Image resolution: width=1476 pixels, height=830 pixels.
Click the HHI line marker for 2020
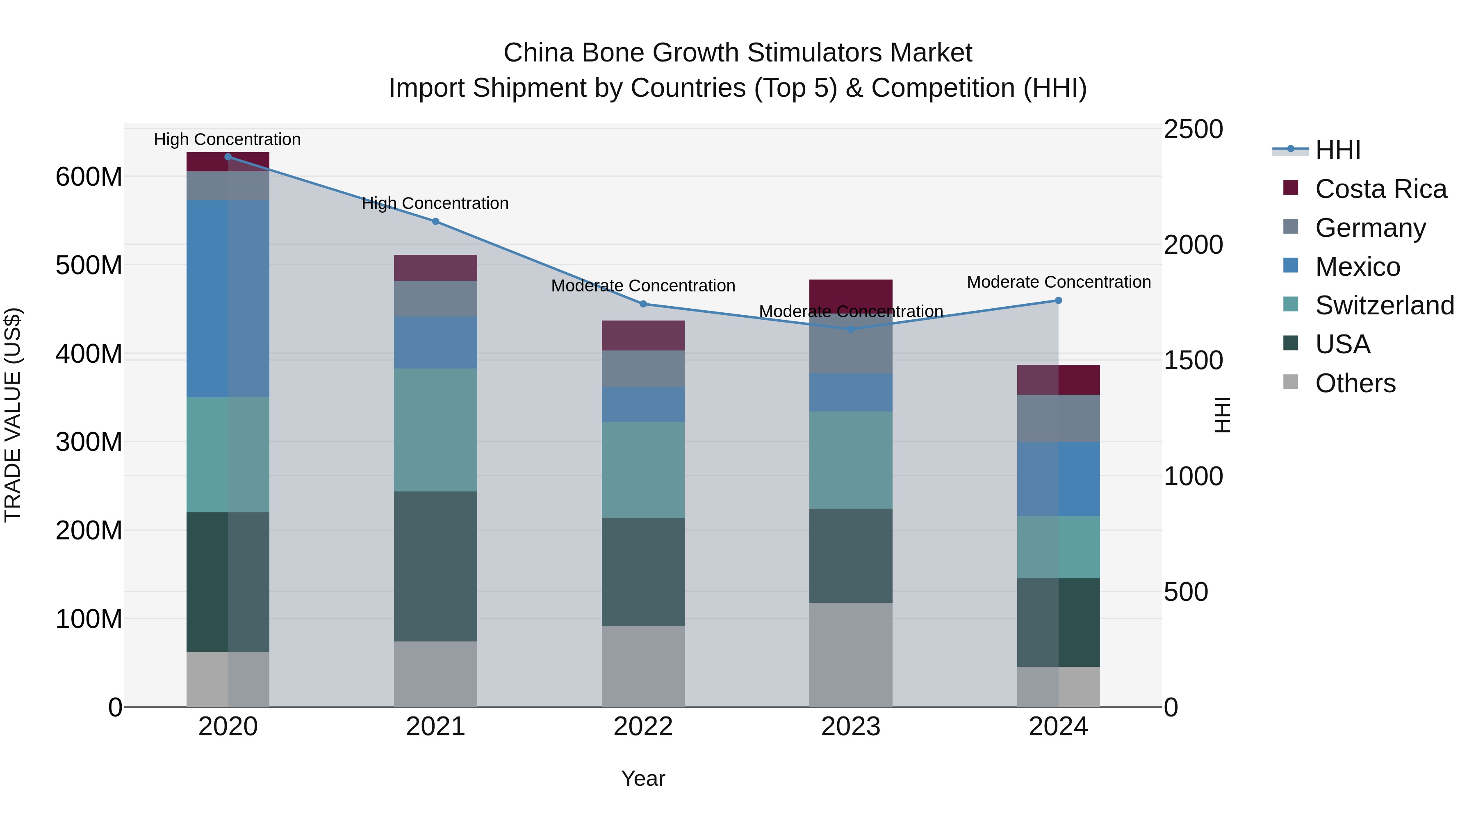[x=228, y=157]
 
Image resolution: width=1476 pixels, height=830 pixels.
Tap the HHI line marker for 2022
[x=643, y=304]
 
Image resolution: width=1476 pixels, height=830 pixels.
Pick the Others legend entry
[x=1355, y=383]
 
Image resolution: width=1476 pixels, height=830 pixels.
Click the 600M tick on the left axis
[x=89, y=177]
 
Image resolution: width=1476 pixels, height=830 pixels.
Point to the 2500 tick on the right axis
[x=1193, y=130]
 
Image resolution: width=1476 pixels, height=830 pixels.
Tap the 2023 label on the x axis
[x=850, y=727]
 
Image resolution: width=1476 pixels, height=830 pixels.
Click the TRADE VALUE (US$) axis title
[x=13, y=415]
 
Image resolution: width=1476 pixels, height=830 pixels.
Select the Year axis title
[x=643, y=778]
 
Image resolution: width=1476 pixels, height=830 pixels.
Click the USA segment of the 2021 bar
[x=435, y=566]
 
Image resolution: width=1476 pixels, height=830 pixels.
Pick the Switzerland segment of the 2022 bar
[x=643, y=470]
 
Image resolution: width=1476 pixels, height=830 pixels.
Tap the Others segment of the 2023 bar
[x=850, y=655]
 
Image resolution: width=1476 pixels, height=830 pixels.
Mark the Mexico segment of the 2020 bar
[x=228, y=298]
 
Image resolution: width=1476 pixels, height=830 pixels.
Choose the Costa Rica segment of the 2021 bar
[x=435, y=268]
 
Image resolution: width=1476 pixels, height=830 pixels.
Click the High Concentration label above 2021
[x=435, y=203]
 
